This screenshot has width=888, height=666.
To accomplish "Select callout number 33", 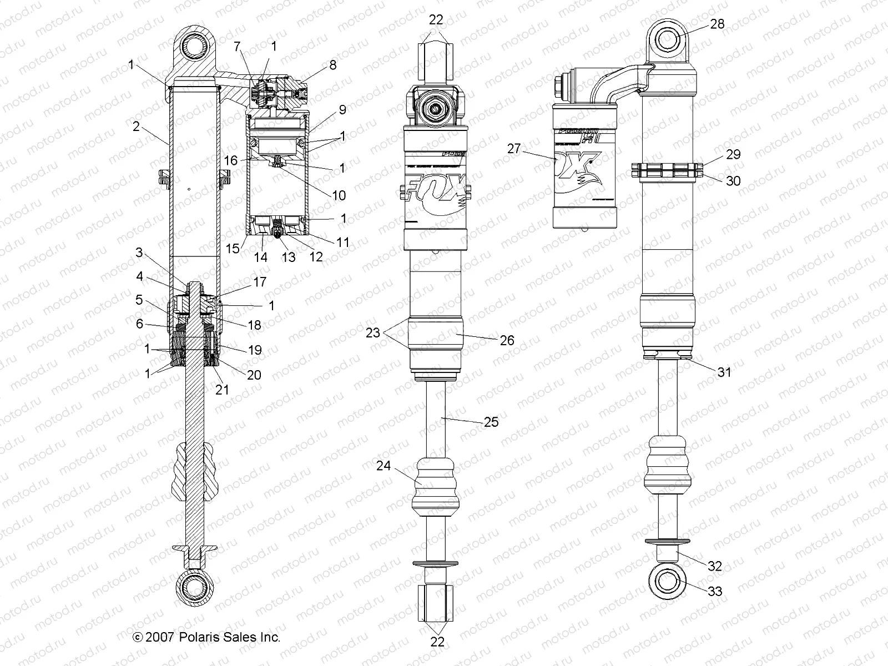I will (715, 592).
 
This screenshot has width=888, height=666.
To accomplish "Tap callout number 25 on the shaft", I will (491, 422).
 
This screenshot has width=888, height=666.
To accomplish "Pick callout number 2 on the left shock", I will (136, 127).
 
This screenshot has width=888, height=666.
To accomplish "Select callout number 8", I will (332, 65).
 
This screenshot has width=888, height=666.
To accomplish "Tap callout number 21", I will (222, 390).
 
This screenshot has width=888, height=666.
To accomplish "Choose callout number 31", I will (724, 372).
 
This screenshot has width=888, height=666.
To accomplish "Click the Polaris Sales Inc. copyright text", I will (207, 637).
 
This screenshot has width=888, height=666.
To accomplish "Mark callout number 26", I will (507, 340).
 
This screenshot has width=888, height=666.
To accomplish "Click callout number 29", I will (733, 154).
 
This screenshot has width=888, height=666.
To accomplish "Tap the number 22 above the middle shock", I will (436, 19).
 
